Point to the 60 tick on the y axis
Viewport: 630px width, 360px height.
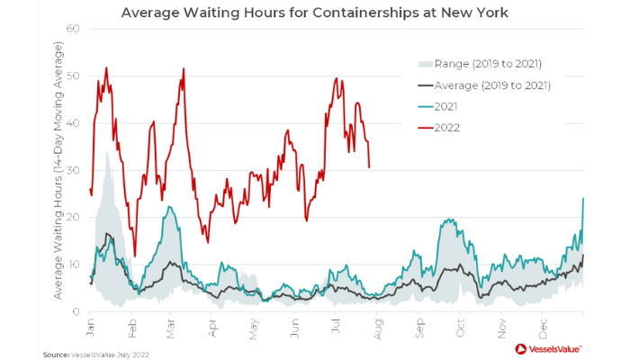click(x=75, y=29)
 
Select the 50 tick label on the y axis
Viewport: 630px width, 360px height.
click(x=75, y=76)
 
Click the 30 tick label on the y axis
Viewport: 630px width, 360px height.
click(x=75, y=170)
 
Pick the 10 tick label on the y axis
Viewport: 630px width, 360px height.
click(x=75, y=265)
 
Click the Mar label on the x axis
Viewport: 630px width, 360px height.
click(x=171, y=326)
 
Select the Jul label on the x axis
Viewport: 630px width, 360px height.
click(x=335, y=326)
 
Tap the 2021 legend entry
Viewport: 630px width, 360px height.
click(x=445, y=106)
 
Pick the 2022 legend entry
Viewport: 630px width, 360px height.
click(x=446, y=128)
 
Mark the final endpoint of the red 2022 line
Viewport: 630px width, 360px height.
click(x=370, y=166)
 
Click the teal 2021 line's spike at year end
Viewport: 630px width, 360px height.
click(x=583, y=199)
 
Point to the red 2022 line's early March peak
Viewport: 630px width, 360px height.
click(x=184, y=68)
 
